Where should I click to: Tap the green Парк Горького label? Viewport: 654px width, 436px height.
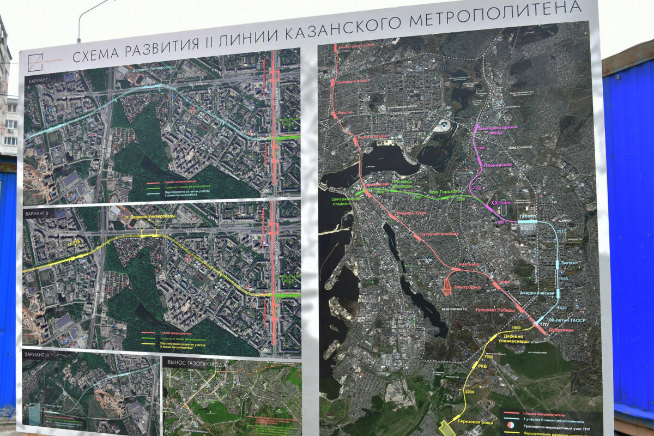444,192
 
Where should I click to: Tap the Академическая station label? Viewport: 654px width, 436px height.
537,293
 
